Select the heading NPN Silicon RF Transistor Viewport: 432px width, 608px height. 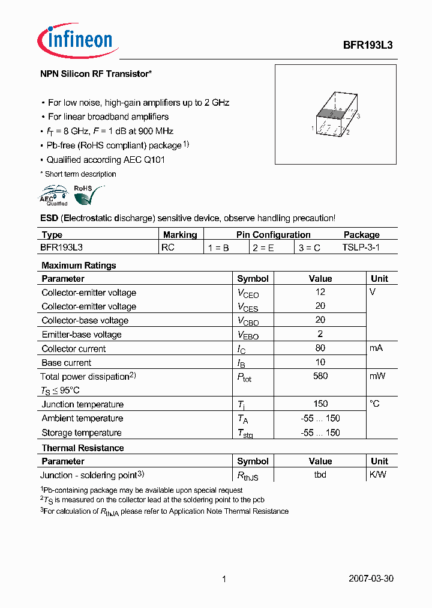95,74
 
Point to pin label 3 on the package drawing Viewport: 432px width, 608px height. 358,117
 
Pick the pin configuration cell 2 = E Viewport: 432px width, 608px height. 263,248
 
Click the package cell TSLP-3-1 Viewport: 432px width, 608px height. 361,248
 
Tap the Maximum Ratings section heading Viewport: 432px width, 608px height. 79,266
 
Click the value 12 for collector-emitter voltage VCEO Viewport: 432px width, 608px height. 320,292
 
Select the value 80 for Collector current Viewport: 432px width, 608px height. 320,348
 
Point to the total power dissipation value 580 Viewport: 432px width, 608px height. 320,376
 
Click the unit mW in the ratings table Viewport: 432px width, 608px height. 378,376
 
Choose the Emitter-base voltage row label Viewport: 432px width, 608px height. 82,335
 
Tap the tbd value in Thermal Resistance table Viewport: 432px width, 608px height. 320,475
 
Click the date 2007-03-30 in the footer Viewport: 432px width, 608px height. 371,579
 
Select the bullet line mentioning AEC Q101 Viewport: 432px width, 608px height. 106,160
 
